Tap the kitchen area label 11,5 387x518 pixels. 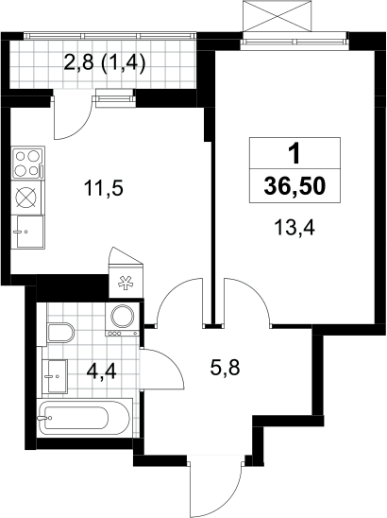pyautogui.click(x=103, y=189)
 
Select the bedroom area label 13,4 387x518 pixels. pyautogui.click(x=294, y=228)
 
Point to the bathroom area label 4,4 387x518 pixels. pyautogui.click(x=102, y=371)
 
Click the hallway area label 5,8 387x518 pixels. pyautogui.click(x=225, y=367)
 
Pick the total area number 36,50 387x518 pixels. pyautogui.click(x=294, y=185)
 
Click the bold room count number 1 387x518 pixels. pyautogui.click(x=294, y=153)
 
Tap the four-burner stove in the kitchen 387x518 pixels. pyautogui.click(x=27, y=163)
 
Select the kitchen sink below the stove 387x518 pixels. pyautogui.click(x=27, y=232)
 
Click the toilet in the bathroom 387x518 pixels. pyautogui.click(x=60, y=333)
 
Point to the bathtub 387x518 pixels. pyautogui.click(x=84, y=418)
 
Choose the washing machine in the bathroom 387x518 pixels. pyautogui.click(x=122, y=319)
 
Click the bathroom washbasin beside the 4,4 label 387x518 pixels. pyautogui.click(x=55, y=376)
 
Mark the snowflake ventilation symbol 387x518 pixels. pyautogui.click(x=126, y=284)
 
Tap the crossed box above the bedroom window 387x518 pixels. pyautogui.click(x=277, y=15)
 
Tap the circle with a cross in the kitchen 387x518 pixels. pyautogui.click(x=26, y=198)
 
